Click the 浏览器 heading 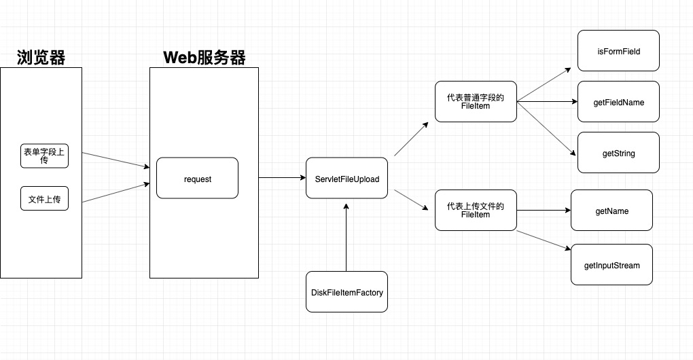[41, 58]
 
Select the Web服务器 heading [204, 58]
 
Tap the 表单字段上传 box [44, 156]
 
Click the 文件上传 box [44, 198]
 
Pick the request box [197, 178]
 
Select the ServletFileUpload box [346, 178]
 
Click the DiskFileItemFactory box [346, 292]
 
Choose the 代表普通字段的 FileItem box [476, 102]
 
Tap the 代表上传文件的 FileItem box [476, 211]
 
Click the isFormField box [618, 51]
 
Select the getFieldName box [618, 102]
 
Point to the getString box [618, 153]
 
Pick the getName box [611, 211]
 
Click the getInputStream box [611, 264]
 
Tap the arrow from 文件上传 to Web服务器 [115, 192]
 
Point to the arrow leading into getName [544, 211]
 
